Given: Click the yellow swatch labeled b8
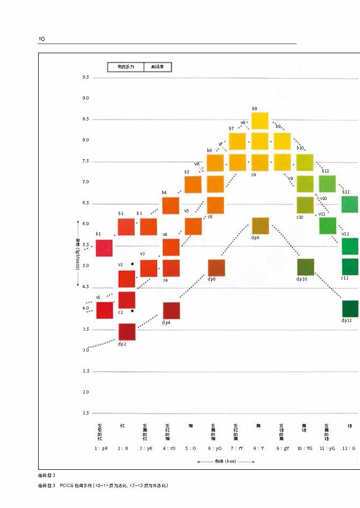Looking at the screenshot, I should (260, 121).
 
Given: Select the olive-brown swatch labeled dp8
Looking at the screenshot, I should (260, 226).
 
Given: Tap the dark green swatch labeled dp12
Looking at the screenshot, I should (350, 309).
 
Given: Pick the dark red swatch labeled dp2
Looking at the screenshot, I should (126, 332).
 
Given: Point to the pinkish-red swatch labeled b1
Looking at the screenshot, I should (104, 248).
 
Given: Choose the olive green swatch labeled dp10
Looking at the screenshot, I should (305, 267).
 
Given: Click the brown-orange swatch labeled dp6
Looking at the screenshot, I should (216, 268).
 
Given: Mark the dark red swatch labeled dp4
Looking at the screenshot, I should (171, 311).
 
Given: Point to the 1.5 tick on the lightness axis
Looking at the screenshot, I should (86, 413).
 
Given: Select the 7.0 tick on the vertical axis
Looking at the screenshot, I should (86, 182).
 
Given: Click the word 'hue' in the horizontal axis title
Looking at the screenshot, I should (230, 461).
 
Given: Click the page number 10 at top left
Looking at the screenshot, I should (41, 39).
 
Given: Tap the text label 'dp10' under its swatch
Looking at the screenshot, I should (302, 279).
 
